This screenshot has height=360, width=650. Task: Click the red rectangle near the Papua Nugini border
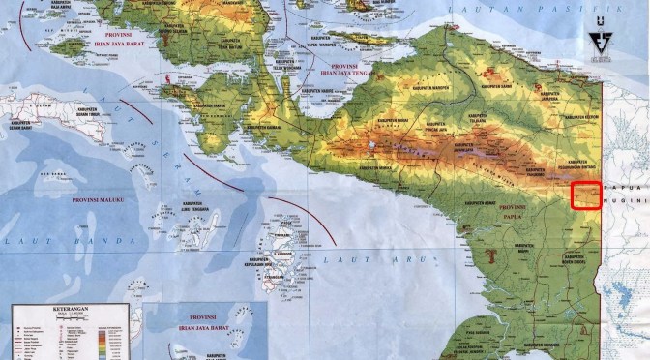click(x=586, y=195)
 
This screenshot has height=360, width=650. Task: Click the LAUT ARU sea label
click(x=347, y=260)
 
